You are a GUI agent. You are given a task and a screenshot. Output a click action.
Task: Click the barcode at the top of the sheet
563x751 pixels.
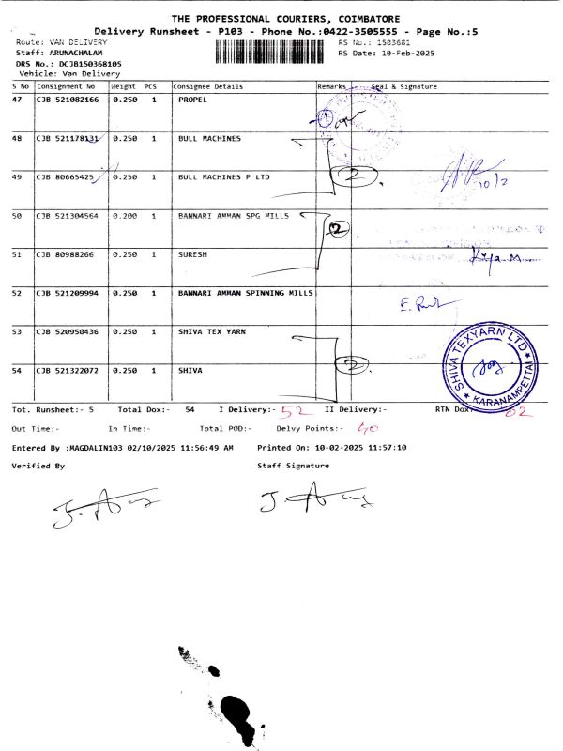(273, 50)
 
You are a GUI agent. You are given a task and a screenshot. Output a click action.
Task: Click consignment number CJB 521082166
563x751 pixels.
(66, 99)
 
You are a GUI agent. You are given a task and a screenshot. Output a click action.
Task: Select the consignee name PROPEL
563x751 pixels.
(192, 99)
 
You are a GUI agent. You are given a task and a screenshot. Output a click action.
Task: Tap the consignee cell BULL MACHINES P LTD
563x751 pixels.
(223, 176)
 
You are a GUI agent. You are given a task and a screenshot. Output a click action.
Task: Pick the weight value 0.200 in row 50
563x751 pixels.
(125, 216)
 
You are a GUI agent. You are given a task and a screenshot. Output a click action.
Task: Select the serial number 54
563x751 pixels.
(17, 371)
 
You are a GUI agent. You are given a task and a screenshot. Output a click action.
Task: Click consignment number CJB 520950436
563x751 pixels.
(66, 332)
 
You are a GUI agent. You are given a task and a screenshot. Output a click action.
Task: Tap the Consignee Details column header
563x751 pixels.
(208, 86)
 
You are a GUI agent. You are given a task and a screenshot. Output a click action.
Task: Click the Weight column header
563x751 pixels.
(124, 86)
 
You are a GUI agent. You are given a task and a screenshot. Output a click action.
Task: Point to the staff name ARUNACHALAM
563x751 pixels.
(76, 53)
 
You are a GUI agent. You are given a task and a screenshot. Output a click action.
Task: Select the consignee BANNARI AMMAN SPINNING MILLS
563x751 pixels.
(245, 294)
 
